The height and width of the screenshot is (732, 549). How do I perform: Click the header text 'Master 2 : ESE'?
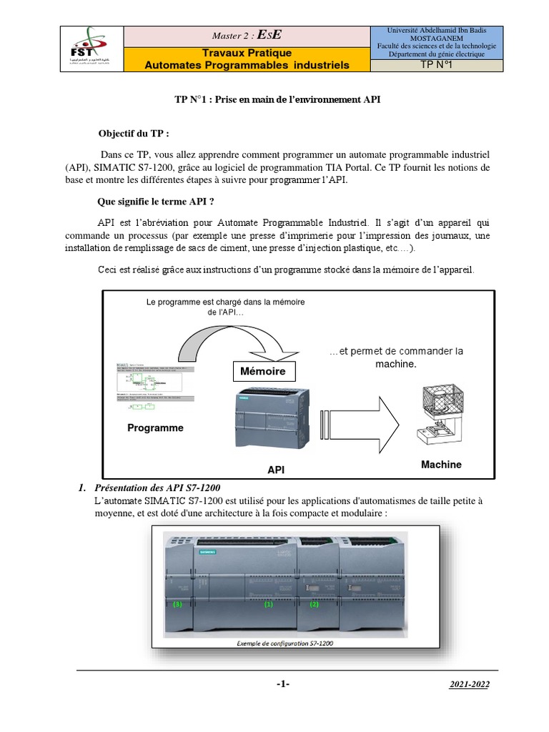(x=247, y=34)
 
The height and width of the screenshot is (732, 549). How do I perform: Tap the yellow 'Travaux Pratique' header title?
(x=247, y=53)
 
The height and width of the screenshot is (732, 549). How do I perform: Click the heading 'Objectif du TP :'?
(x=134, y=134)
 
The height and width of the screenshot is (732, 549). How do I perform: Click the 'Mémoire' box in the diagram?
(x=262, y=372)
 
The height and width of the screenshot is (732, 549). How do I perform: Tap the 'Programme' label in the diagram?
(x=155, y=428)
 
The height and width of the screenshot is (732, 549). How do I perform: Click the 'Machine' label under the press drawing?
(x=441, y=465)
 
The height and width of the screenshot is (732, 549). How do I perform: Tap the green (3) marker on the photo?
(x=178, y=604)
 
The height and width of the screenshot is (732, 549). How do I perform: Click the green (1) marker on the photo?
(x=269, y=604)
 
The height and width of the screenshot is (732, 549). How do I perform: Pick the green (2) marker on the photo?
(x=313, y=604)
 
